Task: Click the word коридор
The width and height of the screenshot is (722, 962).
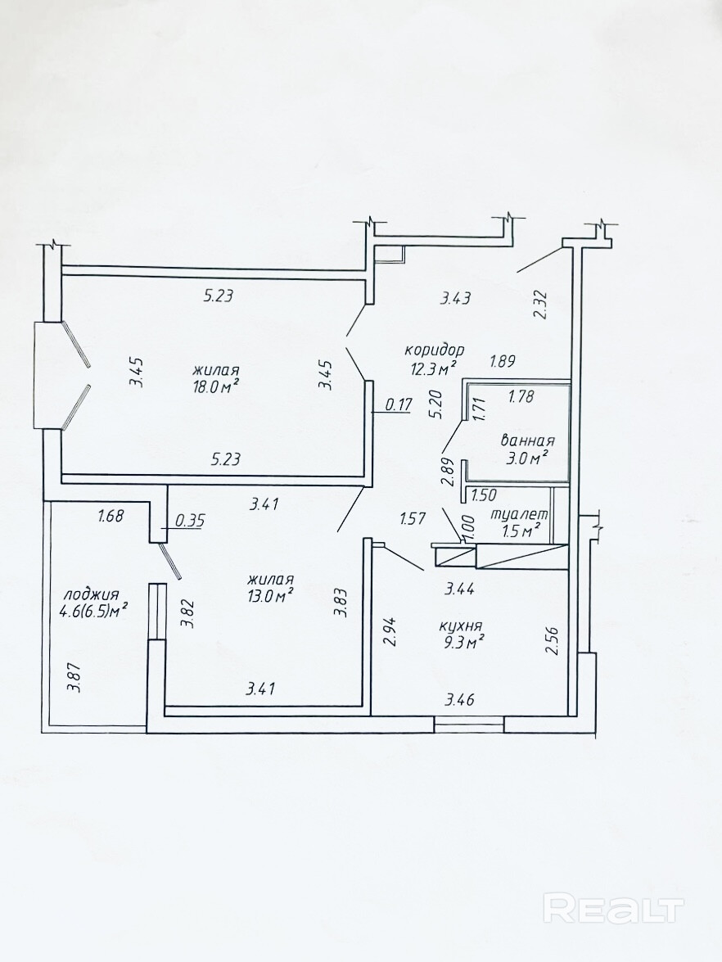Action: pos(435,350)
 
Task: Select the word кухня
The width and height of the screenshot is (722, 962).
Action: pos(459,626)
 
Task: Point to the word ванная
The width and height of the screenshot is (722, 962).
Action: pos(527,440)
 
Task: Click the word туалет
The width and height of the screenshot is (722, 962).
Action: pos(520,515)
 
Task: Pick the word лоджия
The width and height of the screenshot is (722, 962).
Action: pos(91,594)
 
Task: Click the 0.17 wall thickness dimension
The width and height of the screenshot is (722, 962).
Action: pos(398,404)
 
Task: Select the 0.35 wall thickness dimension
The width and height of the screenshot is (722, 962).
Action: pos(190,521)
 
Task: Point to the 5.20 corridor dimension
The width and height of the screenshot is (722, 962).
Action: pos(436,405)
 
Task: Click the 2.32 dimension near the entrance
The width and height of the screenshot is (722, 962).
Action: pos(540,304)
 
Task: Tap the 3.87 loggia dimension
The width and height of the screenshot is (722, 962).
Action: pos(74,678)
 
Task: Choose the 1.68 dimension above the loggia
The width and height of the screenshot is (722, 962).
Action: pos(111,516)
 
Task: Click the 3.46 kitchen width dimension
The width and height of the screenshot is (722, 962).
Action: pos(459,699)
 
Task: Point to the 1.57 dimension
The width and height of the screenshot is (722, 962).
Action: pos(413,519)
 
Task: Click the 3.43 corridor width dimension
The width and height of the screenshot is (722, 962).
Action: pos(456,298)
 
